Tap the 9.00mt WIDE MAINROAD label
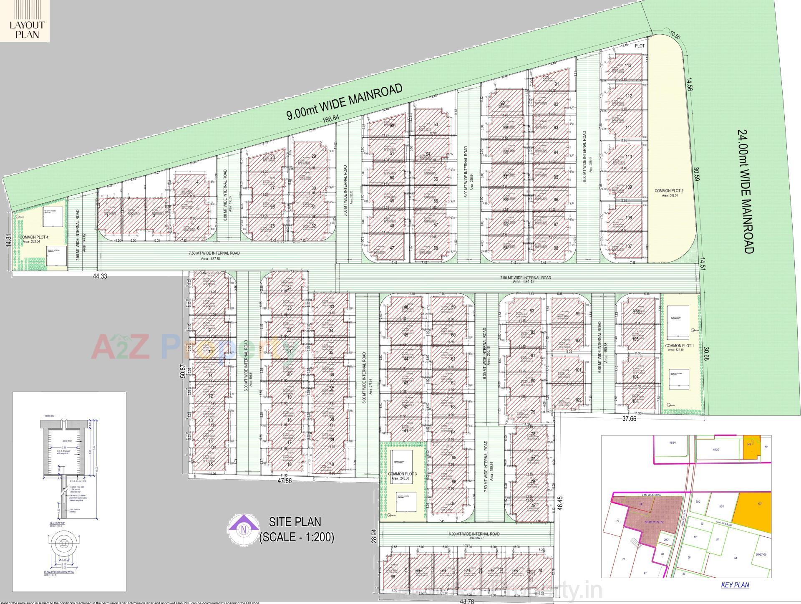coord(345,101)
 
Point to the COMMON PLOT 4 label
coord(34,238)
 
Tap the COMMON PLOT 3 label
coord(402,475)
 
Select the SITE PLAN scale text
coord(296,530)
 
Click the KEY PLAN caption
coord(735,585)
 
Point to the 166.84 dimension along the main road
coord(330,119)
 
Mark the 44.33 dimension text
coord(101,276)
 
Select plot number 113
coord(628,66)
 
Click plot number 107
coord(629,246)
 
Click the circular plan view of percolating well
coord(64,545)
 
